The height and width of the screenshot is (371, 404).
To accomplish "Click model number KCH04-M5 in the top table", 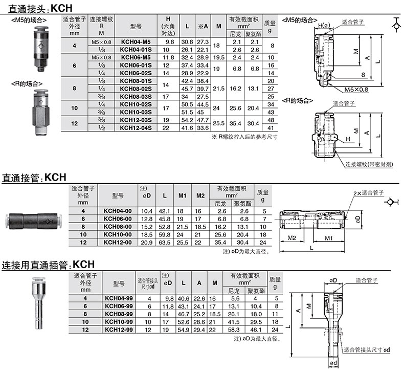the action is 136,42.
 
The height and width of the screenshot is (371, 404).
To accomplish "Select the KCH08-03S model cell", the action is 136,96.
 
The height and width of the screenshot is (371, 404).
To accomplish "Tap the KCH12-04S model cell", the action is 136,127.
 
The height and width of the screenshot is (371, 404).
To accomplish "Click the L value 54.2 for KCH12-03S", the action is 187,120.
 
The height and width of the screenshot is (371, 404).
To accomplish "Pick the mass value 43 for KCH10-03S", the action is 271,112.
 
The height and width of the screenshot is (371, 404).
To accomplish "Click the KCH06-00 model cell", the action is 118,219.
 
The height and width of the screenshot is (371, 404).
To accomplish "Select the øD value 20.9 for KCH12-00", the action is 147,243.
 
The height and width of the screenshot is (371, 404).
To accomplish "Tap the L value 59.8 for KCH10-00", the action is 165,234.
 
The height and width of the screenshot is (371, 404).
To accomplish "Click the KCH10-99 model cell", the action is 119,322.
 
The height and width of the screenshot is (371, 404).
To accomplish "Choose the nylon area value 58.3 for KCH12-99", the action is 234,330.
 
